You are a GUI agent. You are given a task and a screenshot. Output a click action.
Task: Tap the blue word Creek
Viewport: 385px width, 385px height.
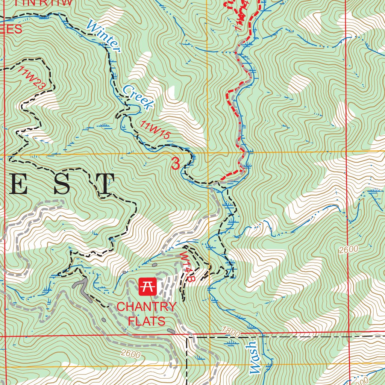pyautogui.click(x=138, y=97)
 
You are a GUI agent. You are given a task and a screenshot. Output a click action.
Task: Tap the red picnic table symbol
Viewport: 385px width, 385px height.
pyautogui.click(x=147, y=287)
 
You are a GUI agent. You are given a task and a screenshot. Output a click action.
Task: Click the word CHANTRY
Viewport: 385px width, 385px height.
pyautogui.click(x=146, y=307)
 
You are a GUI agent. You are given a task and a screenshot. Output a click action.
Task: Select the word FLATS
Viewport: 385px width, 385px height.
pyautogui.click(x=147, y=321)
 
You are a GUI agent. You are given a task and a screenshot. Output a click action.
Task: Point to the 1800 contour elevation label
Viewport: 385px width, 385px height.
pyautogui.click(x=230, y=331)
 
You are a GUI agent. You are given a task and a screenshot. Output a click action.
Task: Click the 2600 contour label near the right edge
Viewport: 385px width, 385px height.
pyautogui.click(x=348, y=250)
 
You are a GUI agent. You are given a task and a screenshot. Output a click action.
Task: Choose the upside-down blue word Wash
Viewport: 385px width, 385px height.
pyautogui.click(x=255, y=358)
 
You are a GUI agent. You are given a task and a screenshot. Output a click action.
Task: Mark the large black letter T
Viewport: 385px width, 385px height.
pyautogui.click(x=102, y=184)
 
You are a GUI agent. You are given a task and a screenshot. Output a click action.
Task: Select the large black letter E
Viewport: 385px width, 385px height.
pyautogui.click(x=17, y=184)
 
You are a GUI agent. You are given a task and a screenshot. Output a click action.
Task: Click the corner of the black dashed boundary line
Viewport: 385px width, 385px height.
pyautogui.click(x=187, y=338)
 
